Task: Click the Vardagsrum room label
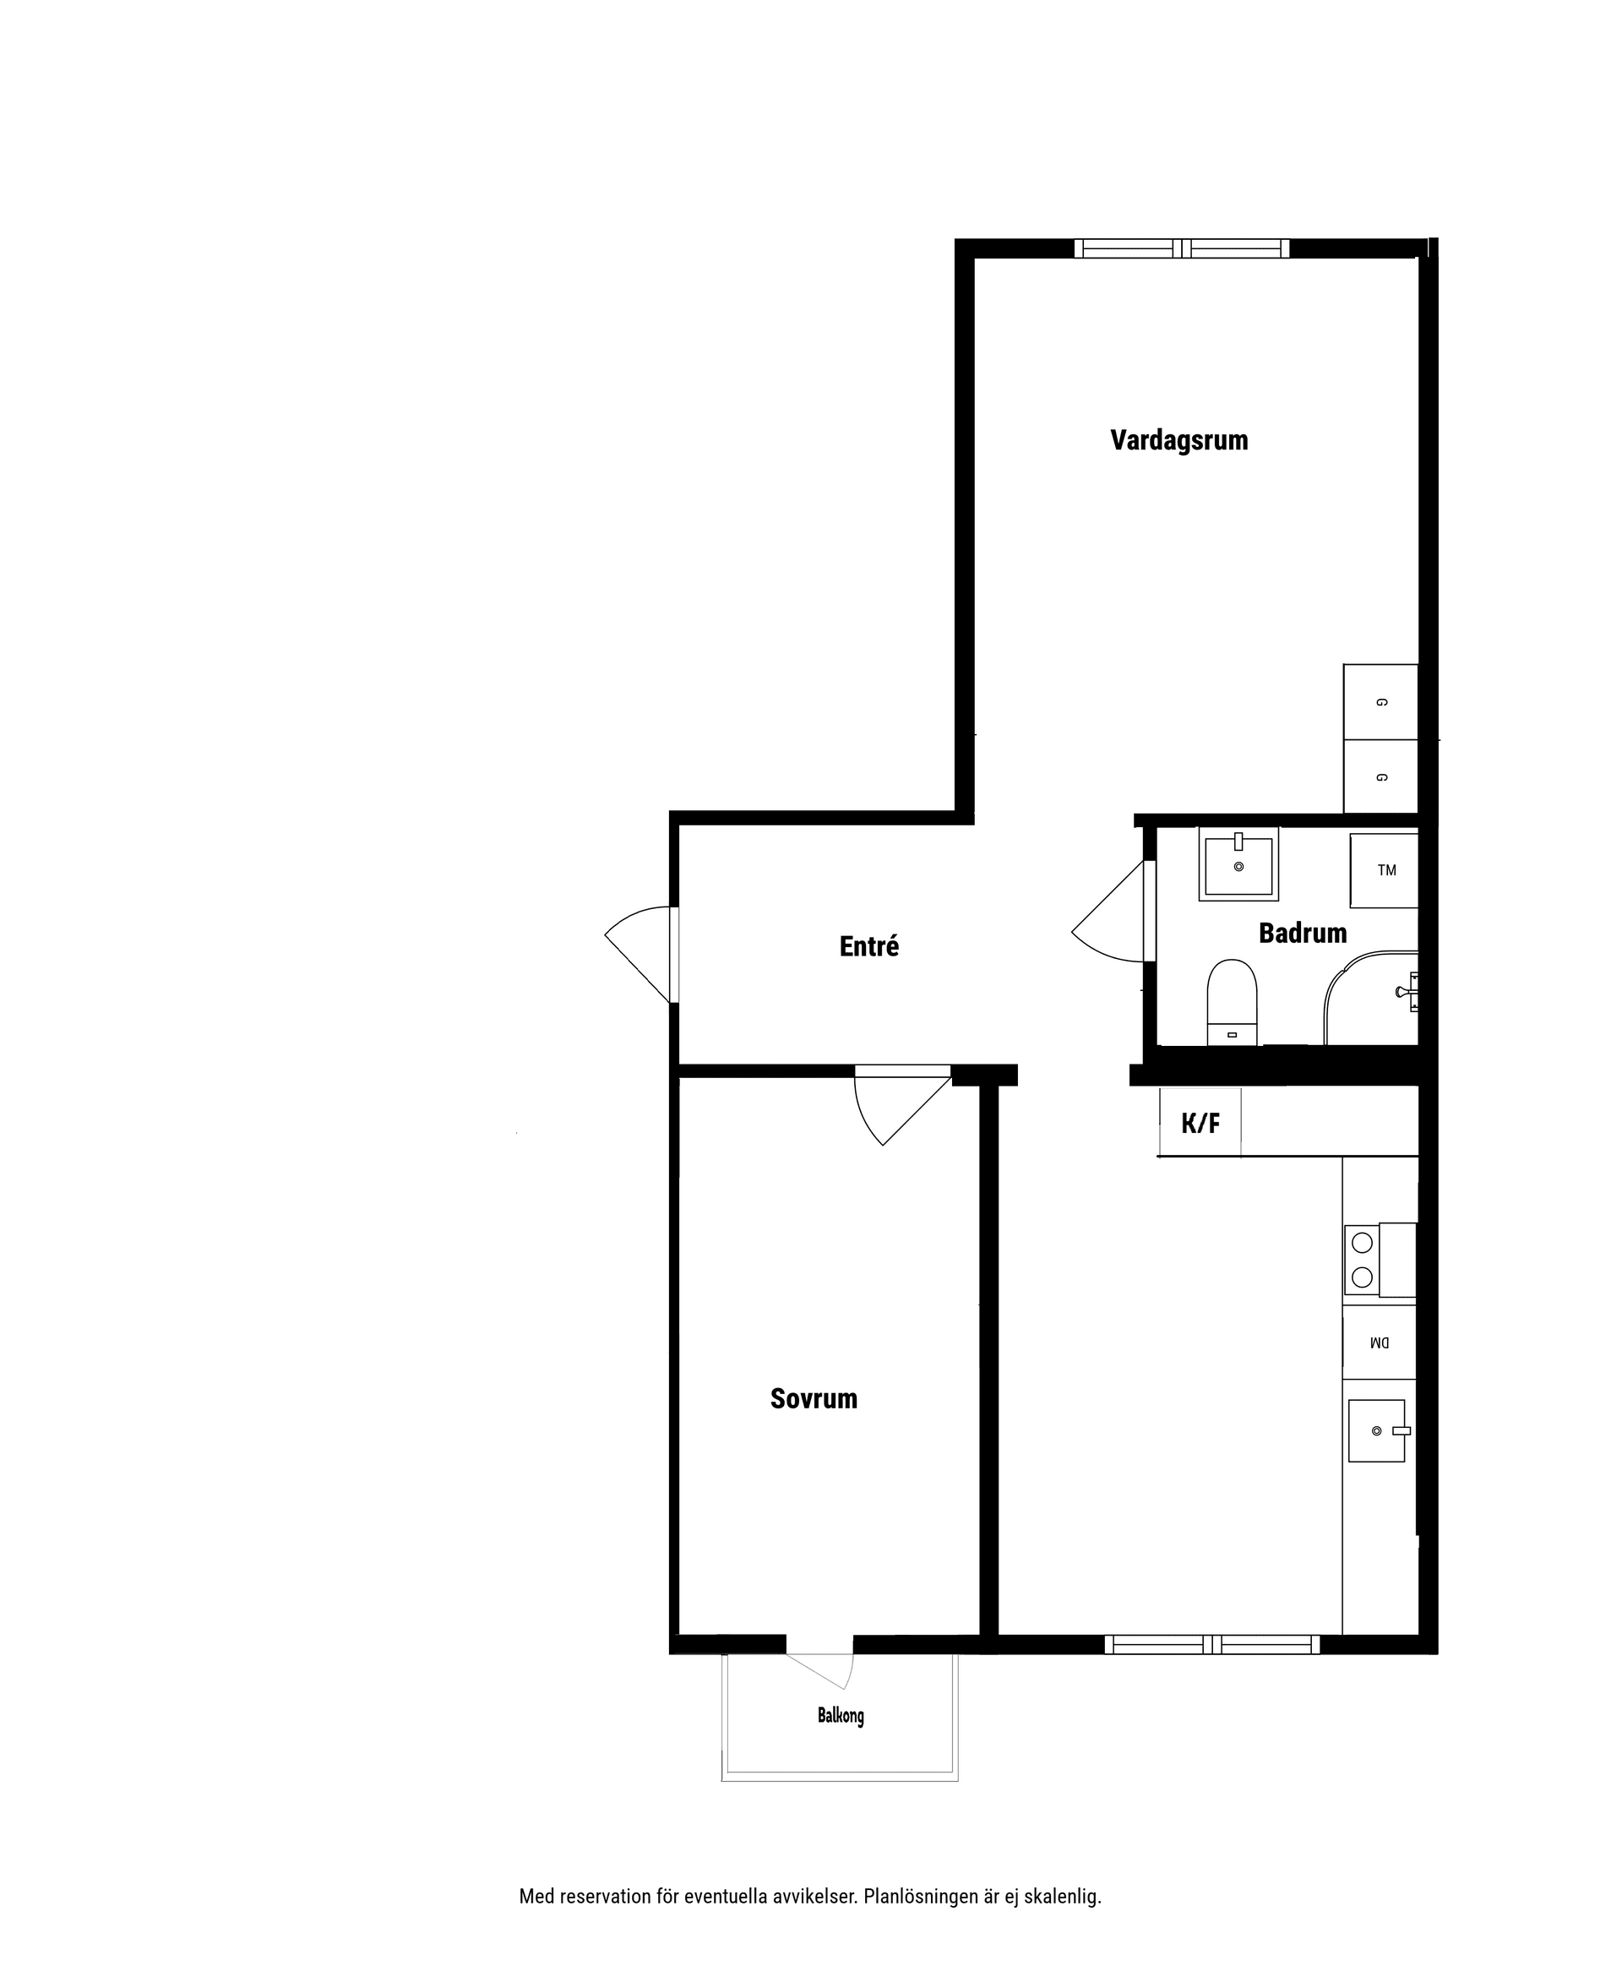tap(1179, 440)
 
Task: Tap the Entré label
tap(869, 946)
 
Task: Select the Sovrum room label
tap(814, 1398)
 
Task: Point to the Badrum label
tap(1303, 933)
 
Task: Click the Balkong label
tap(841, 1716)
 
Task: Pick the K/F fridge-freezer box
tap(1200, 1122)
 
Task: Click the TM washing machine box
tap(1384, 870)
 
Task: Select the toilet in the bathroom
tap(1233, 1002)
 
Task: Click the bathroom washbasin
tap(1239, 864)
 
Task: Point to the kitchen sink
tap(1377, 1430)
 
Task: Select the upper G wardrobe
tap(1381, 702)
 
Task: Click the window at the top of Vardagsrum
tap(1182, 248)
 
